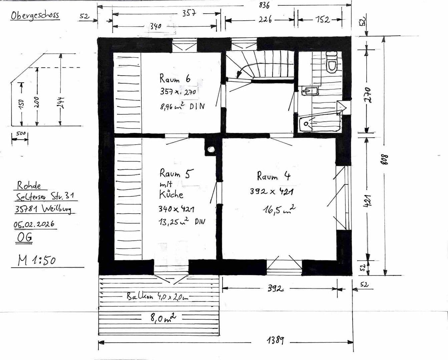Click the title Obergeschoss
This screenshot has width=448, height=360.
click(35, 16)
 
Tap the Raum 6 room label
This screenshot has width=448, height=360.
click(175, 79)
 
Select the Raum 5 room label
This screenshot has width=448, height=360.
click(175, 173)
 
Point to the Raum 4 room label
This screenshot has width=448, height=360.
click(273, 176)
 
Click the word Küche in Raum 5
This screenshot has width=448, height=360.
click(171, 194)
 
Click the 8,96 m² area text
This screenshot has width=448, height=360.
click(182, 106)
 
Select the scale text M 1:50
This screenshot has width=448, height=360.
click(37, 260)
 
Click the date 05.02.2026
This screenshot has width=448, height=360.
click(34, 224)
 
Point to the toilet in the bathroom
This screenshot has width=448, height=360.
click(332, 63)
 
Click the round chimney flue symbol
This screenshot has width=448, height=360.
click(211, 149)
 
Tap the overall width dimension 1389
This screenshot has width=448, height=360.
click(276, 340)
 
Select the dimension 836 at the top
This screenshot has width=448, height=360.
click(264, 5)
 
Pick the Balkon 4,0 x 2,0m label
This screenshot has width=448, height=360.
click(157, 296)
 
